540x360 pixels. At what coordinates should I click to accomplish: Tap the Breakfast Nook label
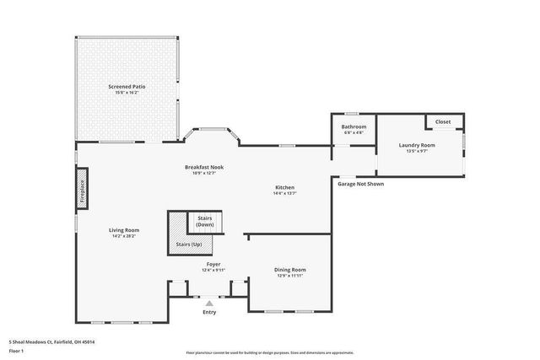pos(203,168)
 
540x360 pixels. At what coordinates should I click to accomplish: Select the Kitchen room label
pos(284,187)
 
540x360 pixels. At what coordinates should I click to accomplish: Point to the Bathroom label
pos(354,127)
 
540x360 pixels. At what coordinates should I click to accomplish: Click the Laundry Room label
pos(417,145)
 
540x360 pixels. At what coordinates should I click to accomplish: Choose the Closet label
pos(443,122)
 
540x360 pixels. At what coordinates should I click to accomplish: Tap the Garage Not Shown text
pos(360,183)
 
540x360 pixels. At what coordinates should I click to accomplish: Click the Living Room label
pos(123,230)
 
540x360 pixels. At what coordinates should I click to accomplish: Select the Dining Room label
pos(289,270)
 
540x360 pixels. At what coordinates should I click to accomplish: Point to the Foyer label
pos(214,264)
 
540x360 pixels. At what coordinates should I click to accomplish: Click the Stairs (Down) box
pos(205,223)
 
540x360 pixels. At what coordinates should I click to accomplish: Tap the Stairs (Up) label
pos(189,244)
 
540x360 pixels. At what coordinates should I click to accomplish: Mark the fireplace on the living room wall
pos(82,190)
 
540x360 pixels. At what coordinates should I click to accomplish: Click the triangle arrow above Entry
pos(209,304)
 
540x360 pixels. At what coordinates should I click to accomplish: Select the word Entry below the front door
pos(209,313)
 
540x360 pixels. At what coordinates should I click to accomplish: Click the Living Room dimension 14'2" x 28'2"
pos(123,236)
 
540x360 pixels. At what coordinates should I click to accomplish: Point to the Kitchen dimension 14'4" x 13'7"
pos(284,193)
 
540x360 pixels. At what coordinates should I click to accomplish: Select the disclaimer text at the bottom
pos(269,352)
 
